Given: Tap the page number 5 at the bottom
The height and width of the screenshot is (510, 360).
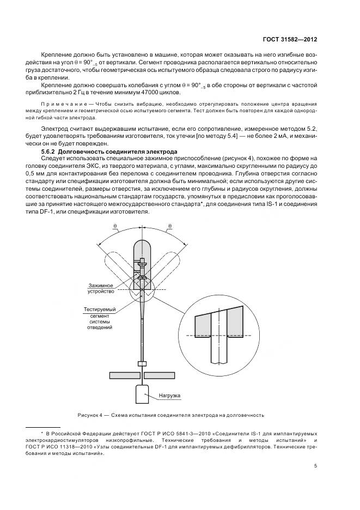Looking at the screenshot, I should [x=316, y=465].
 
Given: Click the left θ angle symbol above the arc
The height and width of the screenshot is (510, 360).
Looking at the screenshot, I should [x=114, y=224].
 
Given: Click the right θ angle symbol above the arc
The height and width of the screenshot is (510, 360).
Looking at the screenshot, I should [x=170, y=224].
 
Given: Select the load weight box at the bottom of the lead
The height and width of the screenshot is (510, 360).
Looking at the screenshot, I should [x=142, y=394].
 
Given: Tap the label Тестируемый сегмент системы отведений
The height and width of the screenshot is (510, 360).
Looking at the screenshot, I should [x=99, y=318].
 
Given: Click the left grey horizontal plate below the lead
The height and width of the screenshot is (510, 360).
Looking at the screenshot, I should [x=124, y=375].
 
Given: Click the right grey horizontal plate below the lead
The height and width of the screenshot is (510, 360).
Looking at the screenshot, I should [x=161, y=375].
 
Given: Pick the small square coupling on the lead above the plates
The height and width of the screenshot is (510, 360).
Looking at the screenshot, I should [x=142, y=363].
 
